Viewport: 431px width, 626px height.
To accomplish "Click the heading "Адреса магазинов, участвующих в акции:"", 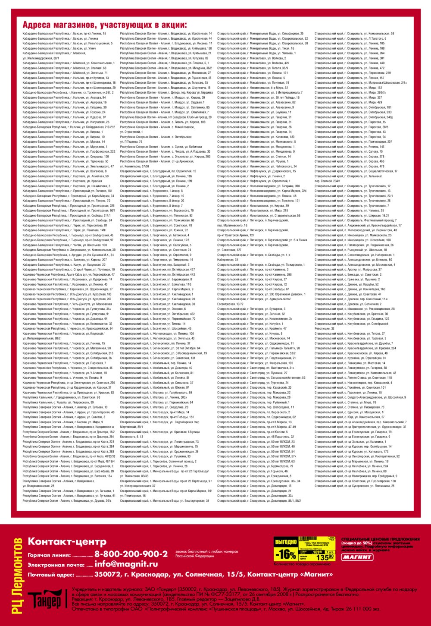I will point(105,25).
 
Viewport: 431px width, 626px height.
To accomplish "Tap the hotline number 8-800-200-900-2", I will point(131,554).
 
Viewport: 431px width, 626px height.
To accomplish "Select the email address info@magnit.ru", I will point(126,564).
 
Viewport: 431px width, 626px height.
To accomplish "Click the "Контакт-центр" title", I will point(67,541).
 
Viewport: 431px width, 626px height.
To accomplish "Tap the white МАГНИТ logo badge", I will point(357,557).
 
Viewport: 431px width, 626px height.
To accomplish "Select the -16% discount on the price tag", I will point(285,554).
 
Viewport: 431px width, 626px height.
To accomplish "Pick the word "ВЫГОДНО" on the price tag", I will point(285,542).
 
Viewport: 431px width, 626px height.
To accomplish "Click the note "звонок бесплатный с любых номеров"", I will point(206,551).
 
